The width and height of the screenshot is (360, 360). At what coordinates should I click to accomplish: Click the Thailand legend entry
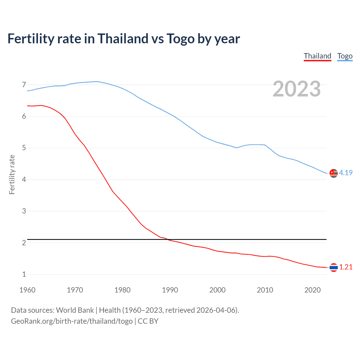pos(317,56)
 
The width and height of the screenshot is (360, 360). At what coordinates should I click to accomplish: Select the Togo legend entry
pos(345,56)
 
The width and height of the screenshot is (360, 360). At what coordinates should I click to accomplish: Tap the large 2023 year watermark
pos(296,89)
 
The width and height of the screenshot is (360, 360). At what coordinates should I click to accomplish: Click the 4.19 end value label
pos(346,173)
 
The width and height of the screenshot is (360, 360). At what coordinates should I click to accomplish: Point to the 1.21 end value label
pos(346,267)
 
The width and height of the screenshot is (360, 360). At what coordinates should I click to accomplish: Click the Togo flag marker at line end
pos(334,173)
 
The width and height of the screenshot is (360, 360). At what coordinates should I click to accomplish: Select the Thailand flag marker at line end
pos(334,267)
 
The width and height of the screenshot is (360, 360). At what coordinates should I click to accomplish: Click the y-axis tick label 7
pos(24,85)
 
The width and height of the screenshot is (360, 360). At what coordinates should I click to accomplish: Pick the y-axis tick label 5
pos(24,148)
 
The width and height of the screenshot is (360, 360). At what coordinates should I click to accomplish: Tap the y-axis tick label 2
pos(24,243)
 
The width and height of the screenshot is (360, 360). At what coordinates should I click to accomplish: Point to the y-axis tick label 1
pos(24,274)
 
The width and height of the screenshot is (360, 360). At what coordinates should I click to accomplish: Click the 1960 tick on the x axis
pos(27,290)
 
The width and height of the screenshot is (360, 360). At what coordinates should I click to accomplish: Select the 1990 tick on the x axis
pos(170,290)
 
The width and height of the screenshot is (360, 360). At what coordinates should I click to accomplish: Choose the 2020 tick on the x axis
pos(312,290)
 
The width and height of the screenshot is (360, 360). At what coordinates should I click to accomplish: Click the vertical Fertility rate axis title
pos(12,174)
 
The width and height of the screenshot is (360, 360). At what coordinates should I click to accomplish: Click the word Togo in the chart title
pos(181,39)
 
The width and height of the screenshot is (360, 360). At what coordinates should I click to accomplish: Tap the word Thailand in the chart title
pos(123,38)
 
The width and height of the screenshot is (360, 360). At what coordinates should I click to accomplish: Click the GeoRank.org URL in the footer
pos(72,321)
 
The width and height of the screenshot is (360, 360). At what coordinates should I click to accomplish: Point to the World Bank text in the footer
pos(75,310)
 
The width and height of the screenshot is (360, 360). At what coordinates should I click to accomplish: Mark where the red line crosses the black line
pos(168,240)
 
